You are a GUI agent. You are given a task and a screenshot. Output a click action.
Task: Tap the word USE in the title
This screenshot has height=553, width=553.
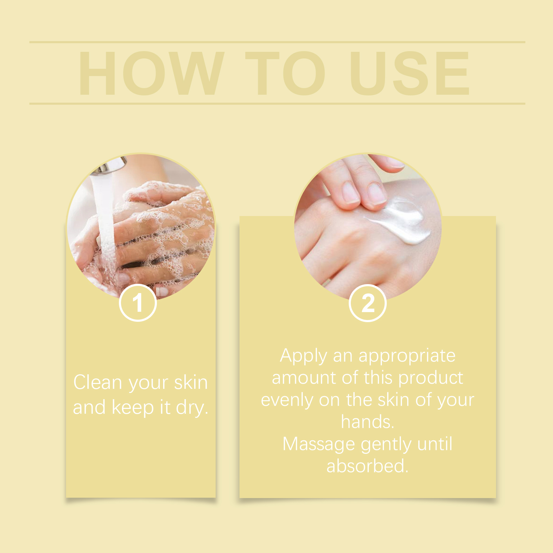pos(410,74)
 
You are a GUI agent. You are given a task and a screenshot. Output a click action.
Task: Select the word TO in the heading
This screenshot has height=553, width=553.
pos(285,74)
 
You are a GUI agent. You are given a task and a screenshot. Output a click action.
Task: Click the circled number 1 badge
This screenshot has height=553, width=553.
pos(138,303)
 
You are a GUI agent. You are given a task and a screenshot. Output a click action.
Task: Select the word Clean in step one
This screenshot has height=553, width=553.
pos(98,383)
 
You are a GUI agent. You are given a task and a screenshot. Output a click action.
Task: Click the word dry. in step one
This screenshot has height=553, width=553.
pos(192,408)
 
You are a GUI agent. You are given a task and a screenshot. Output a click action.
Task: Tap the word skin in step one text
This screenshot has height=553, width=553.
pos(191,383)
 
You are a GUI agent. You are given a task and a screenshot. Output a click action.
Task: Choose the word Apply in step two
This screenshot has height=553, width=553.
pos(303,356)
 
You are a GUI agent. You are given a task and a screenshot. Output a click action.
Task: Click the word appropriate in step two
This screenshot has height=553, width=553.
pos(407,356)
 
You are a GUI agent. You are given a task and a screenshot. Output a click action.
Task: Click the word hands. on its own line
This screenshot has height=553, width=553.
pos(367,422)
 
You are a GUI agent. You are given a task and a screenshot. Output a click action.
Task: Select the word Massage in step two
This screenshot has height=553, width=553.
pos(319,444)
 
